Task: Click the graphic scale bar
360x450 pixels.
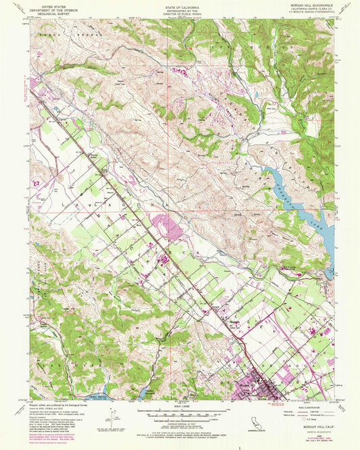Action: point(180,409)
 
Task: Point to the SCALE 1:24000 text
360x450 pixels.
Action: point(180,404)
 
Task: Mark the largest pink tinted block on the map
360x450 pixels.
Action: point(170,227)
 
